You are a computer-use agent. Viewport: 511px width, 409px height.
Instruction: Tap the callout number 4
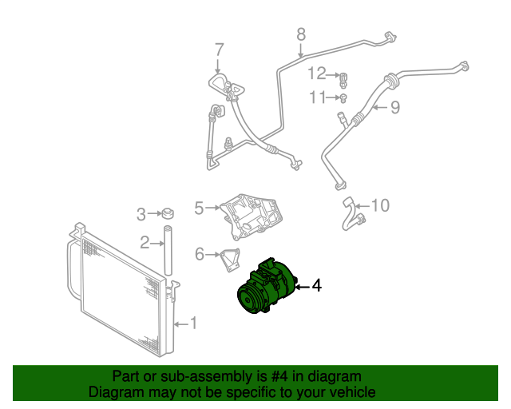317,286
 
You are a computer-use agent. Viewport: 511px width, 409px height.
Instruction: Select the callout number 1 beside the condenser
193,324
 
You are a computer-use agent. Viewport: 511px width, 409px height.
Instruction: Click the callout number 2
145,243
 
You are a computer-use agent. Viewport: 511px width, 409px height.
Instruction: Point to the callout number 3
141,214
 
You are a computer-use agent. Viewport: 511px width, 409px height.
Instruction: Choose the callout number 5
199,208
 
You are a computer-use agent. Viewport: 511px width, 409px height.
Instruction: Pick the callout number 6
200,254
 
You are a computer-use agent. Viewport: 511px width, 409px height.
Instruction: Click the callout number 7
220,50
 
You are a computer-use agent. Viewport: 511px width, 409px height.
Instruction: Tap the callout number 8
301,34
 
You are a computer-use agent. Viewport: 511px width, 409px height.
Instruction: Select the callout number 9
395,107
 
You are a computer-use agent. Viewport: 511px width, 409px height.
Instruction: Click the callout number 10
380,205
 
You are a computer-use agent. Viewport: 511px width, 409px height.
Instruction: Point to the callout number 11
318,97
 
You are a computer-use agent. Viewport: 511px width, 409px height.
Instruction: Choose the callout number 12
317,73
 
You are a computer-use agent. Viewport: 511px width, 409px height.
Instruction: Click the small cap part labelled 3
168,213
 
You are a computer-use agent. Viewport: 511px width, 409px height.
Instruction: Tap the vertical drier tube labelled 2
168,251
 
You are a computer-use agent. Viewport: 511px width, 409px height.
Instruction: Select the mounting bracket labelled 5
252,216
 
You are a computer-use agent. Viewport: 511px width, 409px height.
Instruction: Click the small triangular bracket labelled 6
230,260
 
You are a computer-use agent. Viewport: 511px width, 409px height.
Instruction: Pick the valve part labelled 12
343,80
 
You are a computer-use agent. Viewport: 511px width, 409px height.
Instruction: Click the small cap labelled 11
343,98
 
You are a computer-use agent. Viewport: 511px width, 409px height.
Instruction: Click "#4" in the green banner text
279,376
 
